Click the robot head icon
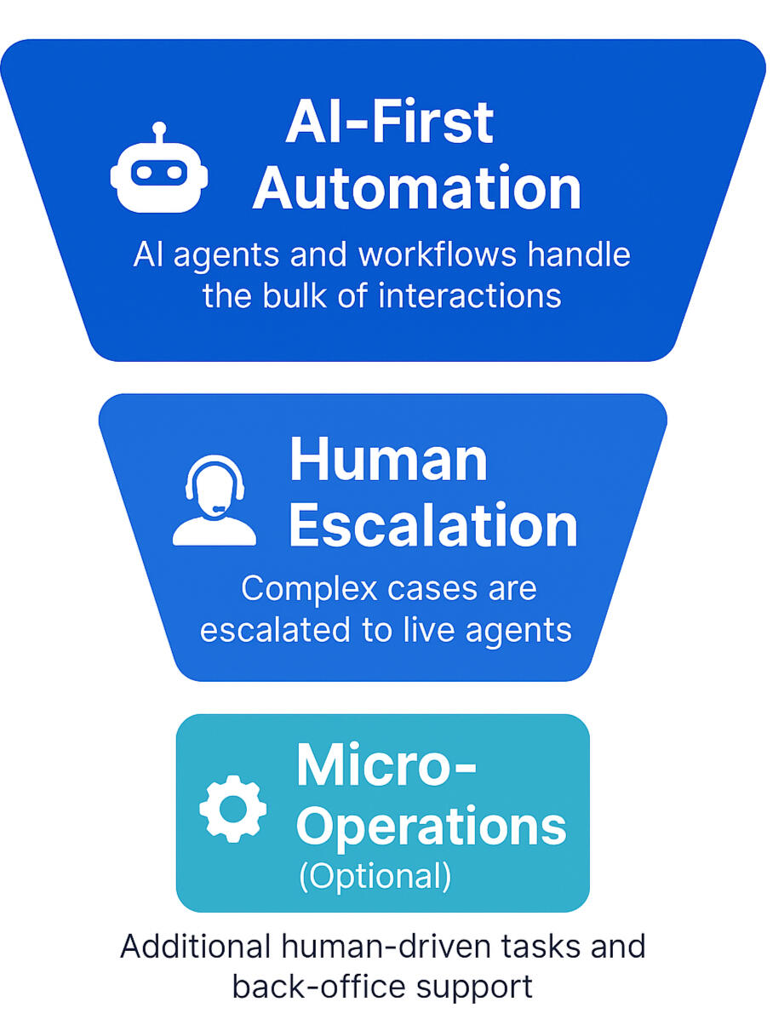point(159,174)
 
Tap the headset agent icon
point(214,501)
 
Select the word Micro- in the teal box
point(386,764)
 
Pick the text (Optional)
point(375,877)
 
